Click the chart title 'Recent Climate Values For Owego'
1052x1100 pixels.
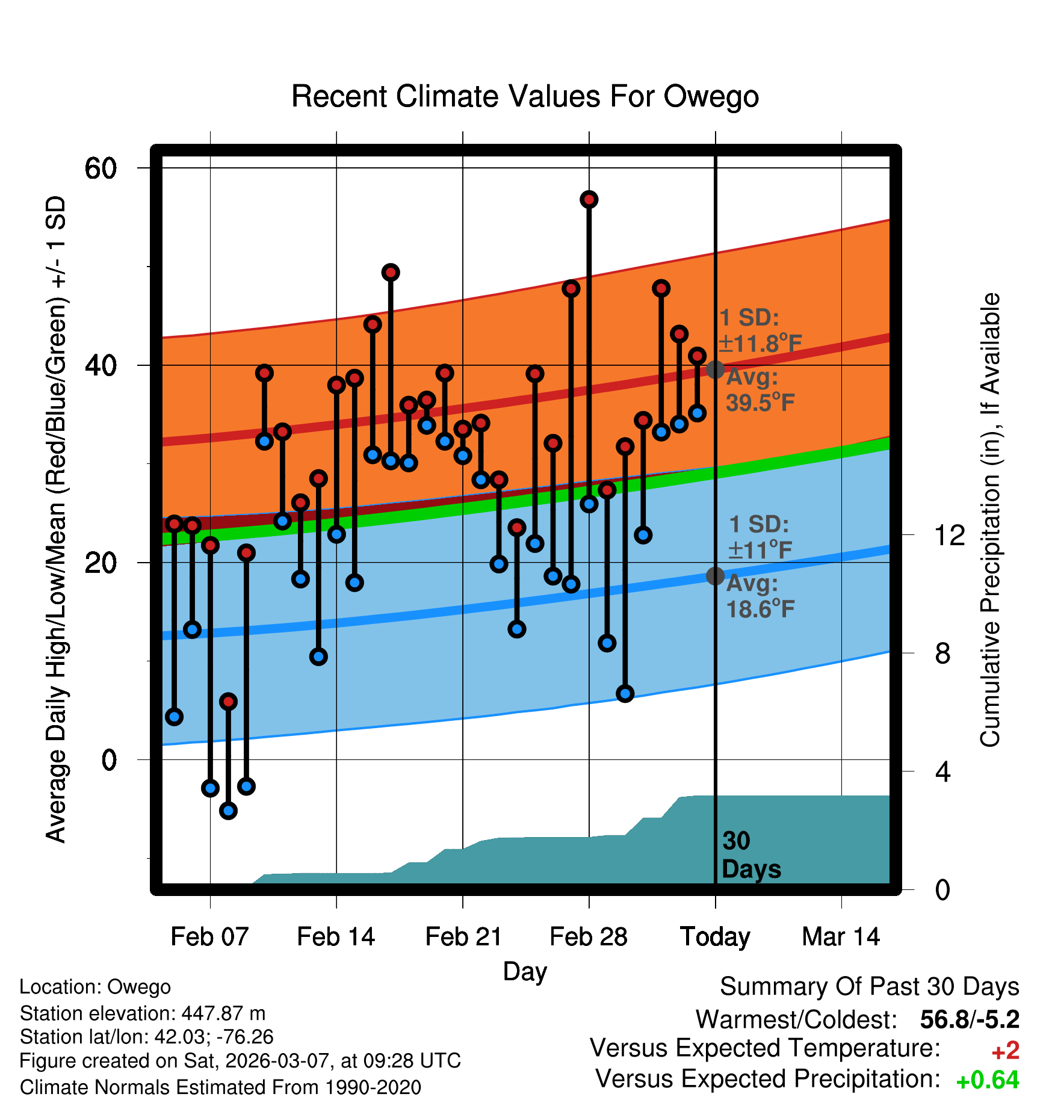525,96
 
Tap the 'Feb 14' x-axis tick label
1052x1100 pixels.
336,937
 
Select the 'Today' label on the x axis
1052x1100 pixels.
715,937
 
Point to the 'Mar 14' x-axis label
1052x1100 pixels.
841,937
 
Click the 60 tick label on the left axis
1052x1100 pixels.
101,168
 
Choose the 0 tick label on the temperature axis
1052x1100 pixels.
109,760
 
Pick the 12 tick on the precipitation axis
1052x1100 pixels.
949,535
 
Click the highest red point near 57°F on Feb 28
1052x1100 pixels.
589,199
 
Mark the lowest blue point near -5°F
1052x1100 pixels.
228,811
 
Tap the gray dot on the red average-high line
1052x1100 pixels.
715,369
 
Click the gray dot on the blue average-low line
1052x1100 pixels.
715,576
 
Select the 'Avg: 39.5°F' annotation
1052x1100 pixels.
760,390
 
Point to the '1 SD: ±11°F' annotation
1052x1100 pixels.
760,537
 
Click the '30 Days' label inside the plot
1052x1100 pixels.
750,855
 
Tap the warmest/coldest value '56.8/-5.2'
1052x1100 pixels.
970,1019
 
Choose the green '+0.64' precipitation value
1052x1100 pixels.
987,1080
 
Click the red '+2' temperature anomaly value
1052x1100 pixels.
1005,1051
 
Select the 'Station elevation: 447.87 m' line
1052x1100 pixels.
143,1013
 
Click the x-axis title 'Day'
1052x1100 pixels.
525,971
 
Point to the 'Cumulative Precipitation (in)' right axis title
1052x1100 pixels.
990,520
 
